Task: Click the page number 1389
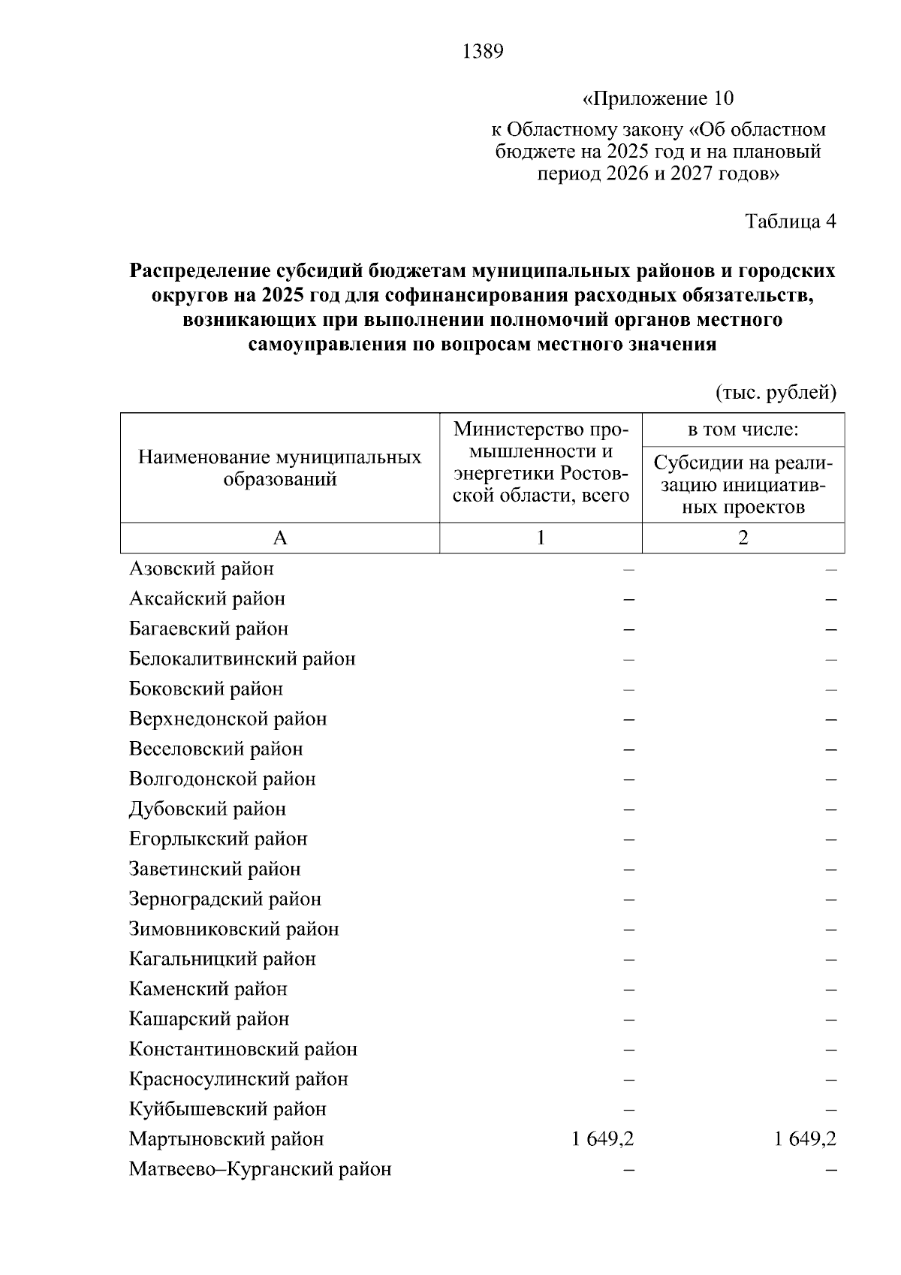point(483,52)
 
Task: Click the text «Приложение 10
point(658,99)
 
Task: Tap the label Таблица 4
point(790,222)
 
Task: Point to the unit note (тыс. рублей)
point(776,393)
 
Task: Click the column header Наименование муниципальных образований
point(279,468)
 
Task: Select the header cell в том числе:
point(743,430)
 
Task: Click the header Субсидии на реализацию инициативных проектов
point(743,485)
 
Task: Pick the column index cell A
point(279,538)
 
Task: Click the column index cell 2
point(743,538)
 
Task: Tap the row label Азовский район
point(201,569)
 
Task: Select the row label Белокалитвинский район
point(242,659)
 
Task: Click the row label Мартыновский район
point(226,1139)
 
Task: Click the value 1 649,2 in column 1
point(602,1139)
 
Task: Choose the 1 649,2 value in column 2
point(805,1139)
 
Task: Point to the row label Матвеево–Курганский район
point(260,1169)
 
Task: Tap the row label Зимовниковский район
point(234,929)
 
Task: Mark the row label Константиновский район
point(243,1049)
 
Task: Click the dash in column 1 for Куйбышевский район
point(628,1110)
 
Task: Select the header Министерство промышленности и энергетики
point(540,463)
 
